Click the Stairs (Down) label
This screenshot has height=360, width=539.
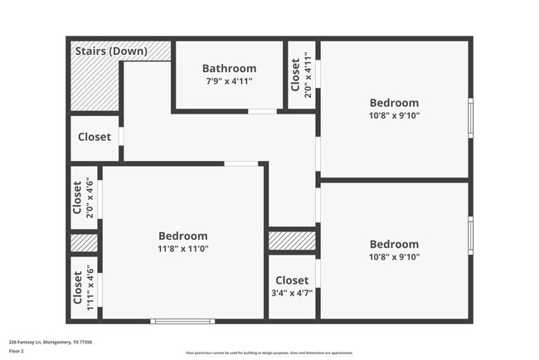(x=111, y=51)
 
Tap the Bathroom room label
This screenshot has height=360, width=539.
(x=229, y=68)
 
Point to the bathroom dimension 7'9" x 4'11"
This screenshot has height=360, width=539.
(x=229, y=81)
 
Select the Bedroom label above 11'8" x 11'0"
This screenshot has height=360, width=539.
(x=183, y=234)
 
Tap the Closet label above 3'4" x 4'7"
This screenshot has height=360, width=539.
(x=292, y=280)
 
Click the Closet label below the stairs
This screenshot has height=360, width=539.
(x=95, y=137)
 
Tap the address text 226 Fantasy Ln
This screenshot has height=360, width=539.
(x=50, y=342)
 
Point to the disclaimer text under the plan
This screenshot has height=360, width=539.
(x=269, y=352)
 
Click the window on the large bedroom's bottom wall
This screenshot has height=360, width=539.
(x=182, y=320)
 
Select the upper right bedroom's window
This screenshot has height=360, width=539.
(x=470, y=118)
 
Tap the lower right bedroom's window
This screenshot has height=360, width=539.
(x=470, y=235)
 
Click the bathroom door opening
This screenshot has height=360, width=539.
(x=262, y=110)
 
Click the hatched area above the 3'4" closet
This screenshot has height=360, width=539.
(x=292, y=241)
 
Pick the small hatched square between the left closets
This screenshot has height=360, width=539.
(x=84, y=243)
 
